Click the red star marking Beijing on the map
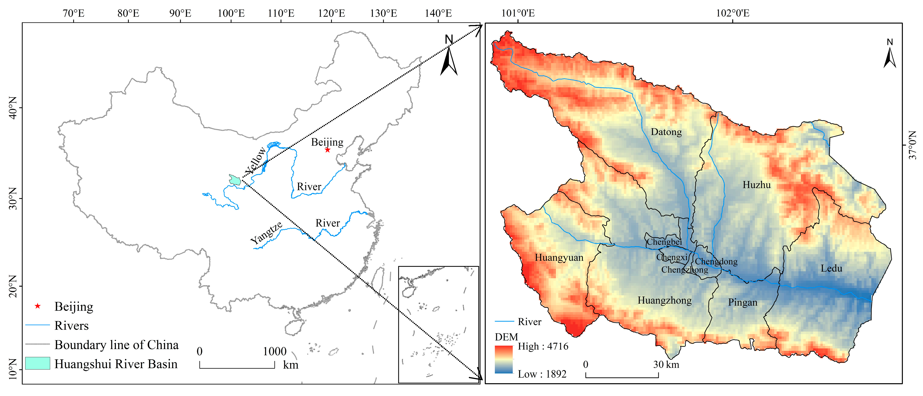click(327, 150)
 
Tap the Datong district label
click(666, 132)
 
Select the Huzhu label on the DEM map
click(756, 185)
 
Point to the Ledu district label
click(831, 268)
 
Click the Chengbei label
click(664, 242)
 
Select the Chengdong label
click(716, 262)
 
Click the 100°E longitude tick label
click(231, 14)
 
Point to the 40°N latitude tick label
click(13, 108)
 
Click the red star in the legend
click(38, 306)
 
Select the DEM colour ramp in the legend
click(503, 359)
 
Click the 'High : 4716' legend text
click(543, 346)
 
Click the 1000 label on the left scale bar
click(274, 351)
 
